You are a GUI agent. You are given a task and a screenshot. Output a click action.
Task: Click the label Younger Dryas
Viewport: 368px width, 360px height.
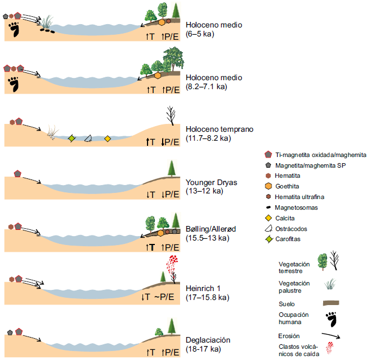211,182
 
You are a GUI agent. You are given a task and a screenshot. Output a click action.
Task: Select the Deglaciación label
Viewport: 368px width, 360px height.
208,340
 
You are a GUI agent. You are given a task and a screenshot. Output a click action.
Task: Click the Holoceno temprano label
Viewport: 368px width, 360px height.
219,129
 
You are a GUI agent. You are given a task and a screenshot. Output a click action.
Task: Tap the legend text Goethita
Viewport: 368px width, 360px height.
288,186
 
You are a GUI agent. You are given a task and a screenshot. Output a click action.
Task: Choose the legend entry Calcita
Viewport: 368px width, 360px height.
286,218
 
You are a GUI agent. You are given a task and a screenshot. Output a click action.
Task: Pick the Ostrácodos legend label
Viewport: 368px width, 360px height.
292,229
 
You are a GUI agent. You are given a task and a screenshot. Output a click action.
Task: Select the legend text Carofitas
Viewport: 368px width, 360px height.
289,239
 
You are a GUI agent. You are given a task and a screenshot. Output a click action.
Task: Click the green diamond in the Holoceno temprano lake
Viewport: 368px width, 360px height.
71,138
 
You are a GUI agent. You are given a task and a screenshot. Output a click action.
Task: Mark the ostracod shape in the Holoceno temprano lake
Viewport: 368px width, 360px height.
88,139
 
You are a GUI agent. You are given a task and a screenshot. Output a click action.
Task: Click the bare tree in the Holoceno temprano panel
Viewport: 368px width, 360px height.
170,116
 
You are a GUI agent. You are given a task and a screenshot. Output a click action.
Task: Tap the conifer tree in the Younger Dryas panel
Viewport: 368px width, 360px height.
171,168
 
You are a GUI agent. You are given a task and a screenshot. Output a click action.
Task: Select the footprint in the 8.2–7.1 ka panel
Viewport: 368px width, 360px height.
13,85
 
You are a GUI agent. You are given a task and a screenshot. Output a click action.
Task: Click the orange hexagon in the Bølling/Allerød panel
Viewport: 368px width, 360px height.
161,233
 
